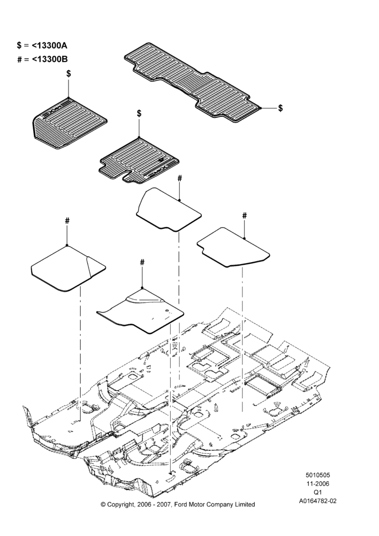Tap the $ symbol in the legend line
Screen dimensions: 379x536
[x=19, y=45]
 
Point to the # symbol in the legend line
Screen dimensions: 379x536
[x=19, y=59]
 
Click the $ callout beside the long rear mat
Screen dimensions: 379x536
[x=281, y=108]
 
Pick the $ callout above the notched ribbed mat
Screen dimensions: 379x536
[x=139, y=113]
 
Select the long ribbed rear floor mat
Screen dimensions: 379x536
[x=191, y=83]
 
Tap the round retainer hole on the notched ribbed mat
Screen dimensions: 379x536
[x=160, y=160]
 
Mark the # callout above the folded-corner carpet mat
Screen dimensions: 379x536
[x=67, y=221]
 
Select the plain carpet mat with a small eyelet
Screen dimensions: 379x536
[x=140, y=311]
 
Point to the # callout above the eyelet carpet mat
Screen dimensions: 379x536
[x=142, y=262]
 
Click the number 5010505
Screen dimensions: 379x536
[x=317, y=475]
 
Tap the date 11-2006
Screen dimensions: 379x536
[x=317, y=483]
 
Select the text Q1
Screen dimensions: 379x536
[x=317, y=492]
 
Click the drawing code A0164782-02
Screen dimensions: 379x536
[x=317, y=501]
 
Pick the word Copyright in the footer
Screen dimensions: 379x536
[x=120, y=504]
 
